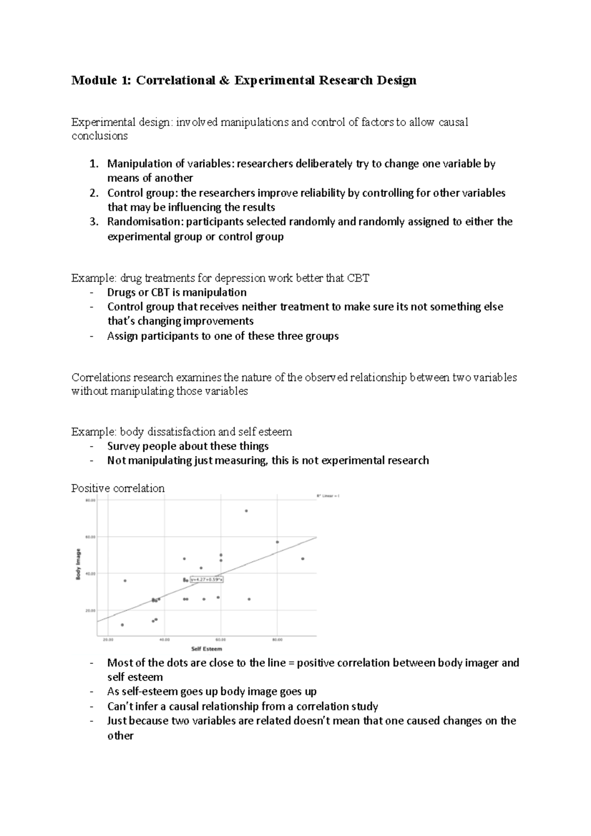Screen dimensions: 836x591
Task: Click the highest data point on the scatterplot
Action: (246, 511)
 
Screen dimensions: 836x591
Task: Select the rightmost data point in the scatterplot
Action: (302, 559)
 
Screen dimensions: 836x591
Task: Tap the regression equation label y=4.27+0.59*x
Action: (207, 580)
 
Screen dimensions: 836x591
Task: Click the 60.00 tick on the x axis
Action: (221, 640)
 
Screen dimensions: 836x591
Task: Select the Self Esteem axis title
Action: (206, 649)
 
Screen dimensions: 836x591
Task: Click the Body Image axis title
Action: (78, 565)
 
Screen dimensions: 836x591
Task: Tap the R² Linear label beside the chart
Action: (328, 496)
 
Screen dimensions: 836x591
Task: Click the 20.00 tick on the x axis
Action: (108, 640)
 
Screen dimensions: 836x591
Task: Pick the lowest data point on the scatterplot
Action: (122, 625)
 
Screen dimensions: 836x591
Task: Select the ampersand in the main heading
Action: (225, 80)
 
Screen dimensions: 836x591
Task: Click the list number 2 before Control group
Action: (94, 193)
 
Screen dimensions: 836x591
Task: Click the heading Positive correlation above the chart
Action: (118, 488)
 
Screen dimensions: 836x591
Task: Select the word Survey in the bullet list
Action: (124, 446)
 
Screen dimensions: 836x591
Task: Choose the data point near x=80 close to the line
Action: (277, 542)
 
